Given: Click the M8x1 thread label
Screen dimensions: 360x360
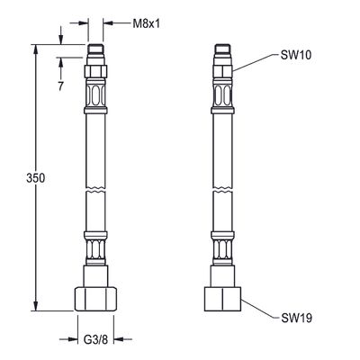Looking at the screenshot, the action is point(147,23).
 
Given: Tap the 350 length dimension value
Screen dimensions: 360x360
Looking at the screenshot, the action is point(36,178).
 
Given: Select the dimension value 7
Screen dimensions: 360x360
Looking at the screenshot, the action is point(61,86).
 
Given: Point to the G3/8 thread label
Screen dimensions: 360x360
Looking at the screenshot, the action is point(95,339).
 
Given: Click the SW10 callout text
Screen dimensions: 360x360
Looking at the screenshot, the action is point(296,55).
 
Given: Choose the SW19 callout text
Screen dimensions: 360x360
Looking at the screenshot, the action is point(297,318).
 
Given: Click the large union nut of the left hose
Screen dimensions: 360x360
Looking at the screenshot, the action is point(95,299).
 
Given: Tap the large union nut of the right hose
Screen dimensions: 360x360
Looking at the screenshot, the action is point(222,299).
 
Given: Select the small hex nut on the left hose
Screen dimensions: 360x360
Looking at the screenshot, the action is point(95,71).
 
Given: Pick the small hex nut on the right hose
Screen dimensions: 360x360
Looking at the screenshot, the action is point(222,71).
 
